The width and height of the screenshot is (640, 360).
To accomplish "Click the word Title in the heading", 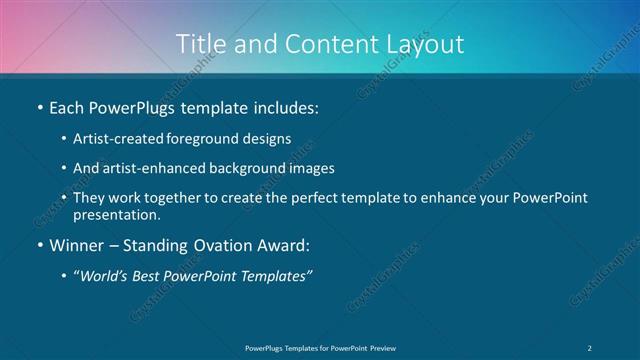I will tap(197, 44).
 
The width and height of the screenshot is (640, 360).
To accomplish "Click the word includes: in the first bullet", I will tap(285, 106).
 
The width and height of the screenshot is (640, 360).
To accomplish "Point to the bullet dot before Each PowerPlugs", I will tap(39, 106).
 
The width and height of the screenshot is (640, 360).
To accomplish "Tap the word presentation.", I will tap(116, 214).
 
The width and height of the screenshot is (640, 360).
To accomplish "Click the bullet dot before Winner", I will tap(39, 245).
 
